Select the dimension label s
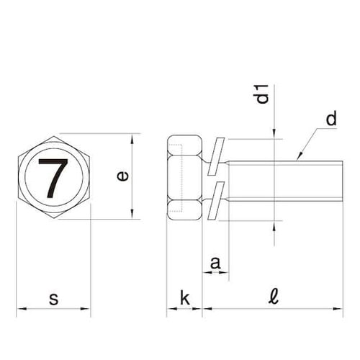(53, 297)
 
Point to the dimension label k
(184, 297)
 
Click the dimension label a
(215, 264)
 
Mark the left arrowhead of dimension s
(19, 310)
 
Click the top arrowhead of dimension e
(132, 138)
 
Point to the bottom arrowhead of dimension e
(132, 215)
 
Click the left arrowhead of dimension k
(170, 310)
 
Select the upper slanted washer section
(217, 156)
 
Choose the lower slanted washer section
(217, 202)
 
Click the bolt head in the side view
(184, 177)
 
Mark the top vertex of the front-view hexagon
(54, 134)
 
